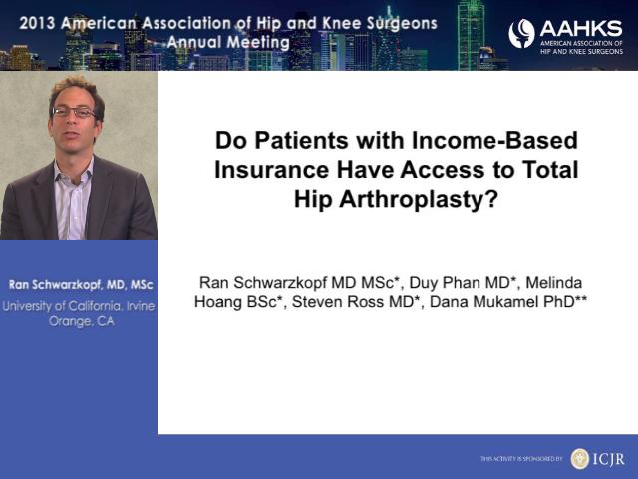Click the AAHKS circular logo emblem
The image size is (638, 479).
click(x=521, y=33)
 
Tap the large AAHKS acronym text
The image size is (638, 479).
click(x=580, y=29)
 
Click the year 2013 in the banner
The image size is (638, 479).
click(x=37, y=23)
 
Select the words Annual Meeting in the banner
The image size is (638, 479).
click(x=228, y=42)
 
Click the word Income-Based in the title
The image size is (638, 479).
click(x=494, y=140)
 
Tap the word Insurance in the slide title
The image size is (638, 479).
click(x=271, y=170)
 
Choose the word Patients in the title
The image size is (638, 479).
click(x=302, y=140)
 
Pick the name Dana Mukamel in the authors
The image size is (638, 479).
click(x=483, y=302)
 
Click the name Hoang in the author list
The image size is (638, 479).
click(x=215, y=302)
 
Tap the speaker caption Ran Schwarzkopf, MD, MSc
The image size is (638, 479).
click(x=81, y=285)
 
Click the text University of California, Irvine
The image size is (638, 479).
click(x=79, y=306)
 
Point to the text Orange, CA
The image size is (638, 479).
click(x=81, y=321)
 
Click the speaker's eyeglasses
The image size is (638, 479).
click(x=74, y=112)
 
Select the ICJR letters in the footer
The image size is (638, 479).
click(x=608, y=459)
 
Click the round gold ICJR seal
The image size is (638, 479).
click(x=580, y=459)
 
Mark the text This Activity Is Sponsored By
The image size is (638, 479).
click(x=521, y=459)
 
